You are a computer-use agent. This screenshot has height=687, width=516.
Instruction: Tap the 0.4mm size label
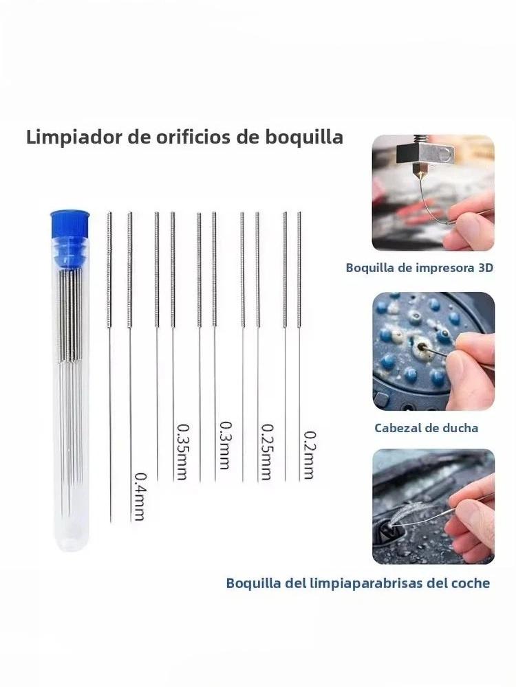(140, 497)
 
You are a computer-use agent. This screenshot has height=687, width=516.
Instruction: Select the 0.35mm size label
(182, 451)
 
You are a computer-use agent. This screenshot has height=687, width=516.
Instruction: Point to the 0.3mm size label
(224, 445)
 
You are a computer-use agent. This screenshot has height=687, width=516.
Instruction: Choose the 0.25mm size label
(267, 452)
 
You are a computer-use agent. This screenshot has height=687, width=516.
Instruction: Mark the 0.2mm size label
(310, 455)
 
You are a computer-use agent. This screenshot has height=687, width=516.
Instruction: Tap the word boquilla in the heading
(303, 137)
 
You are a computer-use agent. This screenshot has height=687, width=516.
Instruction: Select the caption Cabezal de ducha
(426, 428)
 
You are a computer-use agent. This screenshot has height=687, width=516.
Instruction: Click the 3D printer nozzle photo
(433, 193)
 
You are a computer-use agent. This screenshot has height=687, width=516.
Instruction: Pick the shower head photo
(433, 351)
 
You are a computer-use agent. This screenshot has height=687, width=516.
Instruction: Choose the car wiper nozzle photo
(433, 506)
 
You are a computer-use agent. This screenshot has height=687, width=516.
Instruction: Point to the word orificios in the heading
(192, 137)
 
